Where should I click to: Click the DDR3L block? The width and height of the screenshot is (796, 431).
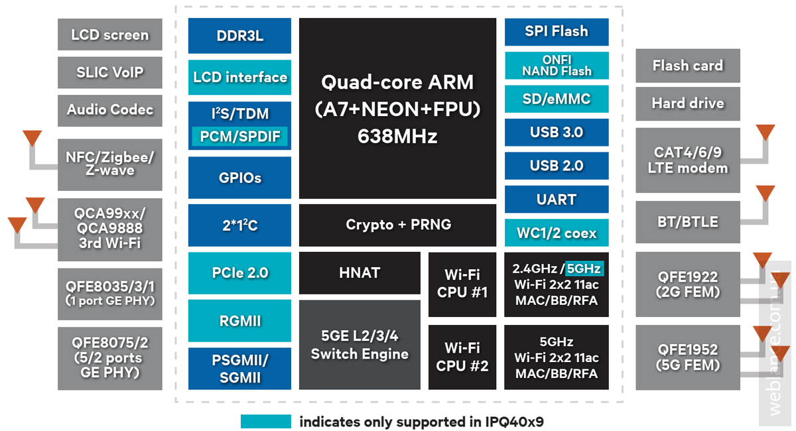(x=239, y=36)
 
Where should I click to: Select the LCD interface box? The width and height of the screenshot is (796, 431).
(x=239, y=78)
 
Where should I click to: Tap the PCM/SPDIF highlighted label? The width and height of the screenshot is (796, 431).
(x=239, y=137)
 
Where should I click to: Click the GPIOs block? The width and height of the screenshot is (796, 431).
(x=239, y=178)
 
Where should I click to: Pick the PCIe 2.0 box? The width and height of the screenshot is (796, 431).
(x=239, y=273)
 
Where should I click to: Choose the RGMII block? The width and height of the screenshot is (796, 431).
(x=239, y=321)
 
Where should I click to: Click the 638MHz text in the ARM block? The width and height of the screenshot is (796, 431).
(x=397, y=137)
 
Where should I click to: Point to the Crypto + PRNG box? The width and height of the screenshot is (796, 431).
(x=397, y=225)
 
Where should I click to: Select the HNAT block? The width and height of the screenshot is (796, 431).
(x=360, y=273)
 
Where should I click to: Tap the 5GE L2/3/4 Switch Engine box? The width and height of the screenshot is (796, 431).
(x=360, y=345)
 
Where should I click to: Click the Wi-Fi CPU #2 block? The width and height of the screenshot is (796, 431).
(x=462, y=357)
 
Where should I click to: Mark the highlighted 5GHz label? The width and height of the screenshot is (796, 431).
(x=584, y=269)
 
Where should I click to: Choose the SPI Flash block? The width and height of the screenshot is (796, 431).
(x=556, y=31)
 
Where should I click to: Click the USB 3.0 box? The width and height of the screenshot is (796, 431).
(x=556, y=132)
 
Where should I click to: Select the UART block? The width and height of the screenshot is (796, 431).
(x=556, y=200)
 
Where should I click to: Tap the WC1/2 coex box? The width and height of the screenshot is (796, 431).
(x=556, y=233)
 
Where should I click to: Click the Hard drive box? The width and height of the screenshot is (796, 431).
(x=687, y=103)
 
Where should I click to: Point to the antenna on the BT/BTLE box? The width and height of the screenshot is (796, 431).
(x=765, y=194)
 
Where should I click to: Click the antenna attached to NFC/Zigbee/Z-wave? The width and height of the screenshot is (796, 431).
(x=31, y=138)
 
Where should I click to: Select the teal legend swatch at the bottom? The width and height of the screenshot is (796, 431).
(x=265, y=422)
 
